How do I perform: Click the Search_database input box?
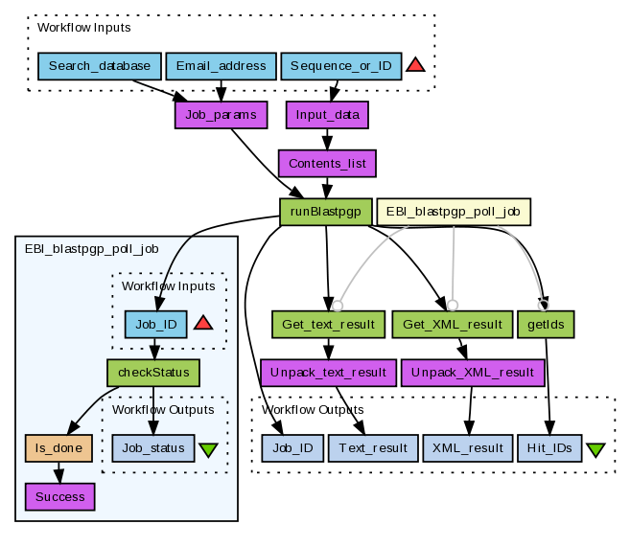click(99, 66)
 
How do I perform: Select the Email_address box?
click(221, 66)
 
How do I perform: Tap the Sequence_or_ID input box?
click(340, 66)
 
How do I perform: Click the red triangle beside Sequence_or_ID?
click(415, 66)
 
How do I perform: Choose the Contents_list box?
click(327, 163)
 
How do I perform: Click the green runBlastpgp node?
click(326, 212)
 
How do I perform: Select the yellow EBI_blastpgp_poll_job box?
click(454, 212)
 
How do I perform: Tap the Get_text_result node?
click(328, 324)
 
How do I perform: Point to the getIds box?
click(546, 324)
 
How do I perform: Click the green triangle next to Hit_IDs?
click(595, 449)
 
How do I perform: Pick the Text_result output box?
click(373, 447)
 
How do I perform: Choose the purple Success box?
click(59, 496)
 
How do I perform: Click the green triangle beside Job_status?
click(208, 449)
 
